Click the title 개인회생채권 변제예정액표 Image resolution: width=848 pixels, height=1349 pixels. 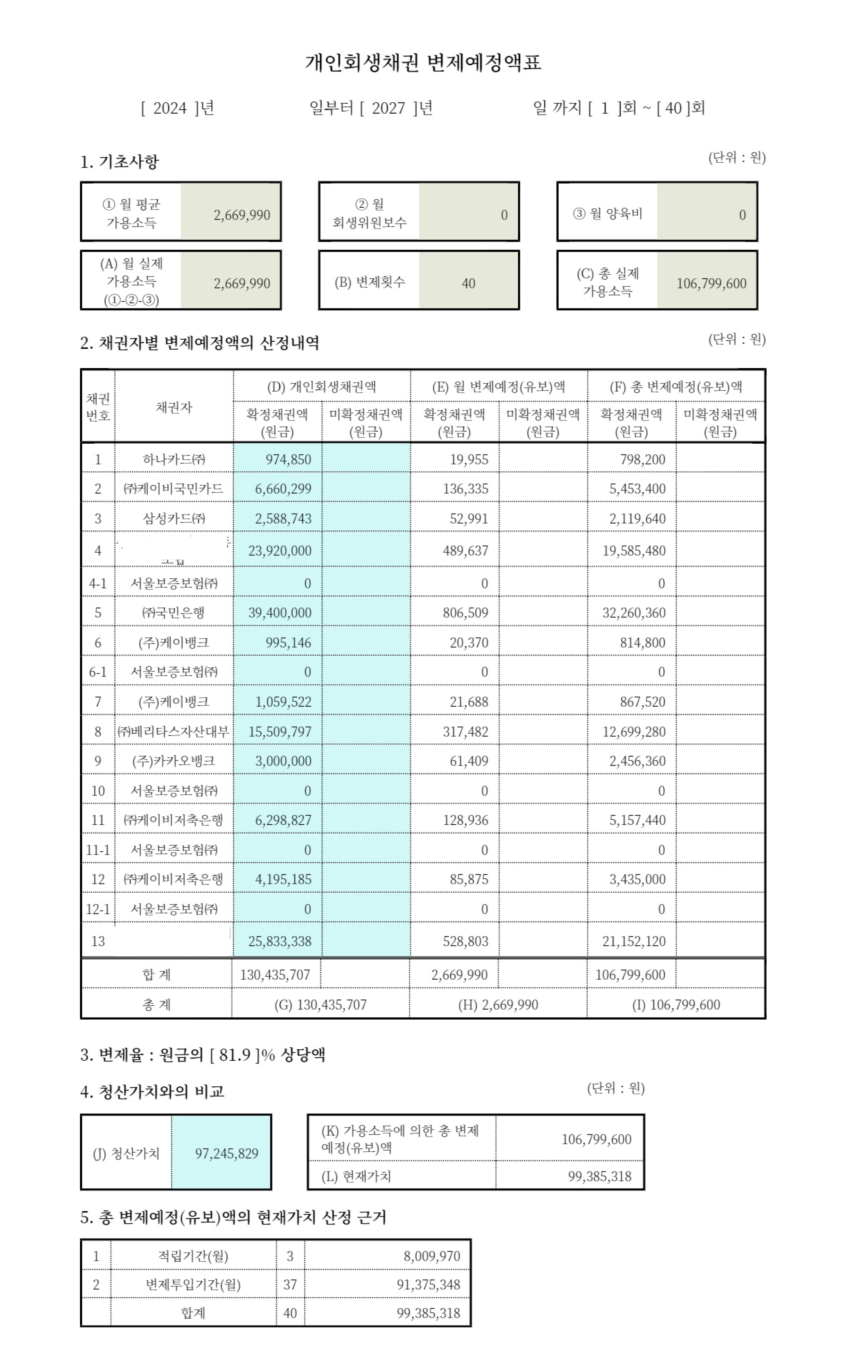(x=423, y=62)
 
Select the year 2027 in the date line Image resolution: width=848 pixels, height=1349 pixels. (x=388, y=108)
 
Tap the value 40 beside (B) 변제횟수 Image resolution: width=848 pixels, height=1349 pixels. (x=468, y=284)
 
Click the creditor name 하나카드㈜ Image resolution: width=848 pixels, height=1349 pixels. (x=174, y=459)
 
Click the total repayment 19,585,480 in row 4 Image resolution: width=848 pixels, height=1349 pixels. (x=634, y=551)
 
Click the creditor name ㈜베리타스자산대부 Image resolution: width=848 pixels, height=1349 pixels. (x=174, y=732)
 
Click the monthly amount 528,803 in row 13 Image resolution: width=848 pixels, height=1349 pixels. (x=465, y=941)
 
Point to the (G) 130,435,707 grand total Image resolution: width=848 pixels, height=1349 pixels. (x=320, y=1005)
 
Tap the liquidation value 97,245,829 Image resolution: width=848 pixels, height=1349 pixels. (x=226, y=1153)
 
